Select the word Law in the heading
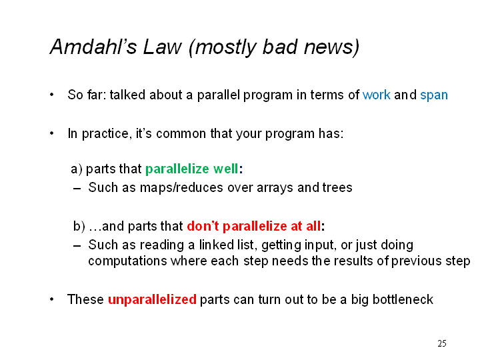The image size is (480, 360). click(x=162, y=47)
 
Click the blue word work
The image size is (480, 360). click(x=376, y=95)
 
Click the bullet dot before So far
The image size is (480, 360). click(x=52, y=95)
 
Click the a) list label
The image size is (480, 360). click(x=76, y=169)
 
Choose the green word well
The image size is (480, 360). click(x=225, y=169)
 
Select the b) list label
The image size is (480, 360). click(x=79, y=226)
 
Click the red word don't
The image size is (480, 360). click(x=203, y=226)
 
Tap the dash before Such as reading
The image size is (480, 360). click(x=77, y=246)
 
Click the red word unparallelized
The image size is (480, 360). click(x=152, y=300)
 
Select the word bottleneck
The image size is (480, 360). click(x=403, y=300)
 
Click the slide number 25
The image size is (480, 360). click(x=442, y=343)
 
